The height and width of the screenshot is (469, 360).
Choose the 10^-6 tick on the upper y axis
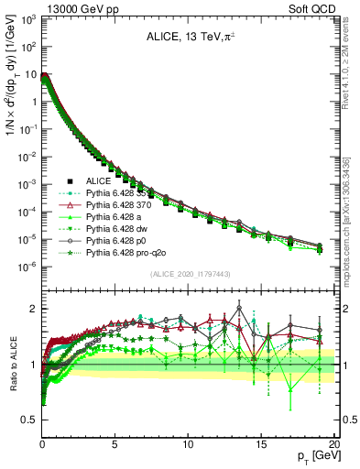(27, 267)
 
